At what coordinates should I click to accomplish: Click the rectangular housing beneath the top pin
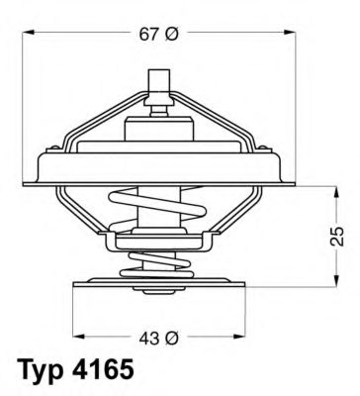point(158,126)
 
